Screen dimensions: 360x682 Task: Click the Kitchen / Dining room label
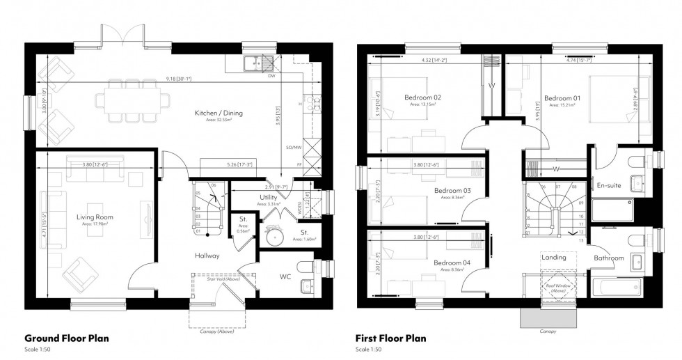219,113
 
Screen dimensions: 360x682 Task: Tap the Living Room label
95,218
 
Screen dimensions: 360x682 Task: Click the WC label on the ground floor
285,276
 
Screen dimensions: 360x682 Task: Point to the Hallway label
207,256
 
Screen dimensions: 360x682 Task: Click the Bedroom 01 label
562,98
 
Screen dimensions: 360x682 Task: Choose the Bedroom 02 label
423,97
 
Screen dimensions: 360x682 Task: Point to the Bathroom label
608,258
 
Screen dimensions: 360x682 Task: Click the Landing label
554,257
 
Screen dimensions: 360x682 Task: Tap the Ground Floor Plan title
67,339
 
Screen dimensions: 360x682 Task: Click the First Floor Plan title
390,339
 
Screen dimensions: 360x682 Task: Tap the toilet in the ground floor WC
306,267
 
